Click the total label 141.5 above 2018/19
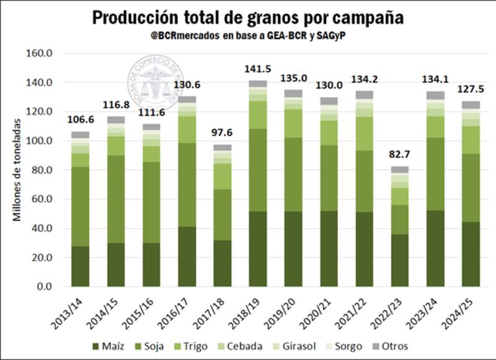(258, 69)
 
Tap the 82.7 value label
(400, 154)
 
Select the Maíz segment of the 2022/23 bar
(400, 260)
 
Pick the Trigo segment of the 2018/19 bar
(258, 115)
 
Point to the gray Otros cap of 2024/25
(472, 105)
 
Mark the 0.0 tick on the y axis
(45, 287)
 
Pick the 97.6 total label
(222, 133)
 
